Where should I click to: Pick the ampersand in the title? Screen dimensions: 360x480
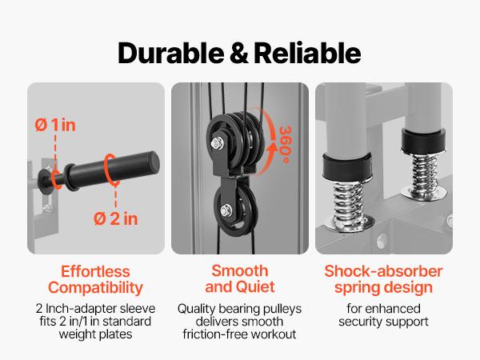(x=233, y=53)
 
